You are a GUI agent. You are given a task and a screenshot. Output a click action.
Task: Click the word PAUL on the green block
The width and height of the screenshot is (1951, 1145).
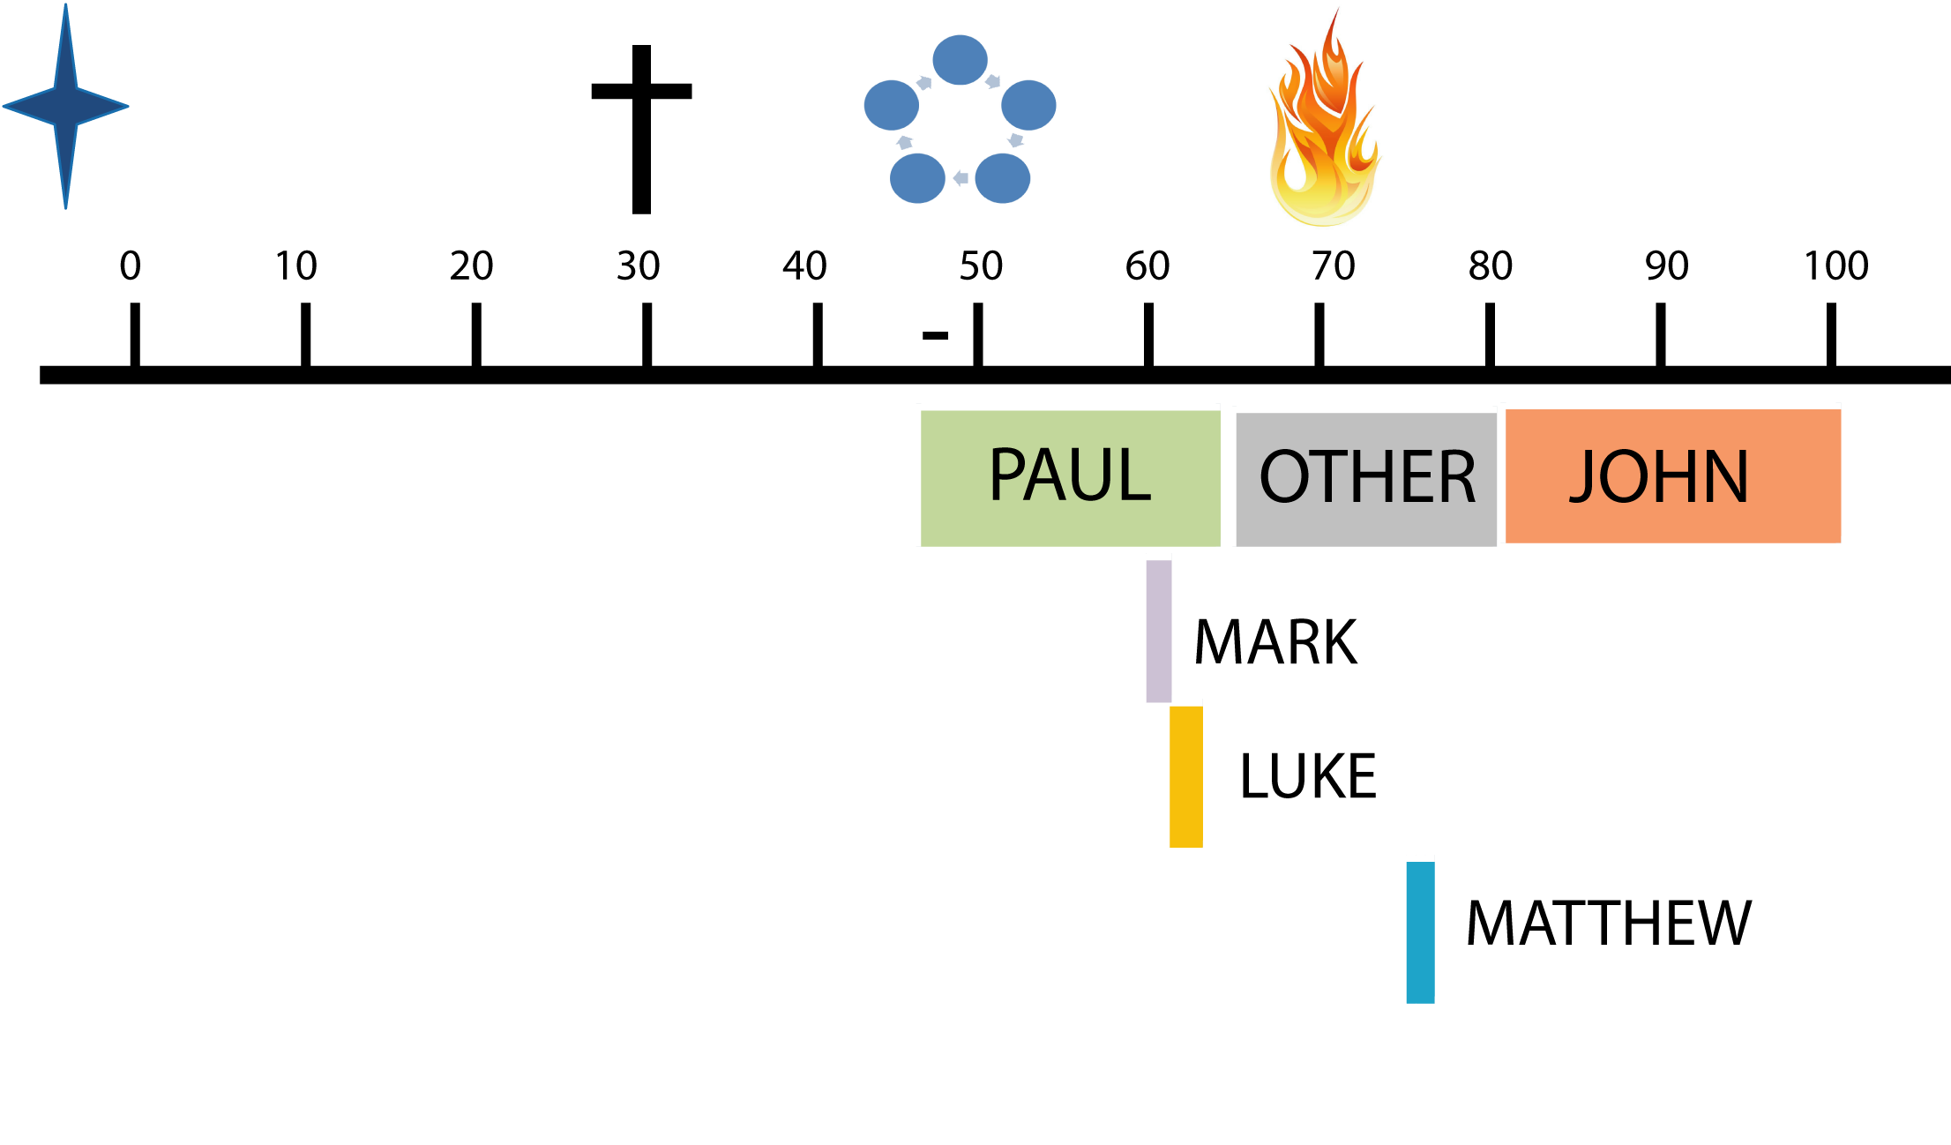1070,475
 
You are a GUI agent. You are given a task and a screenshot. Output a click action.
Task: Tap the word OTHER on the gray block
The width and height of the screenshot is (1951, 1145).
1367,477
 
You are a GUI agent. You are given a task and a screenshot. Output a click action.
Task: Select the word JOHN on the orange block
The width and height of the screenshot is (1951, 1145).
1659,477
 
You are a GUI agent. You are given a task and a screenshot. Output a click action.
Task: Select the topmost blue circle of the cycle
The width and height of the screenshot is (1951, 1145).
960,60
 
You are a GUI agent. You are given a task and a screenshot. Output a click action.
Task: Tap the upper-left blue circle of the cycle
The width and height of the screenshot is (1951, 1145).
892,105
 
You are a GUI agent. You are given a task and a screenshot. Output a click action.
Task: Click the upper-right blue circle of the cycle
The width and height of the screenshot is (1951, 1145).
1028,105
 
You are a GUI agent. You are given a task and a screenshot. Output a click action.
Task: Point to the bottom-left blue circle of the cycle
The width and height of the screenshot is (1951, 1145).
917,178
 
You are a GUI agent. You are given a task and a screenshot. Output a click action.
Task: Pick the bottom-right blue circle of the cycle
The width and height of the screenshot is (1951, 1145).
1003,178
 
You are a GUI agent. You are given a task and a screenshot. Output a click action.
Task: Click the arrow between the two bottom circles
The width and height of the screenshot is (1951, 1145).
961,178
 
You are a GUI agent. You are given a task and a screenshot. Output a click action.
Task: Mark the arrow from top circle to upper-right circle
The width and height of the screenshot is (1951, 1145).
993,81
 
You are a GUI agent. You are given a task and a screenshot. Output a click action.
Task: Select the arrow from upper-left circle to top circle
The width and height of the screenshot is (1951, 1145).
924,83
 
